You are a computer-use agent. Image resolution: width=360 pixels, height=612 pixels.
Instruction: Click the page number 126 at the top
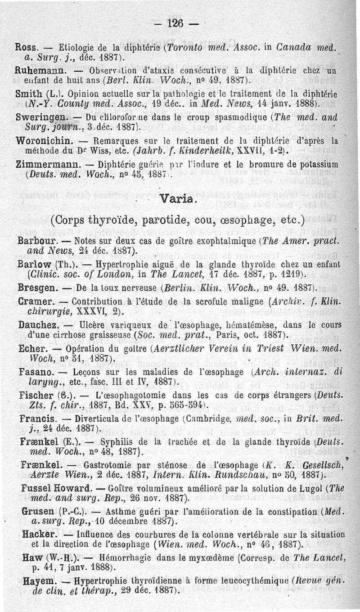[x=177, y=23]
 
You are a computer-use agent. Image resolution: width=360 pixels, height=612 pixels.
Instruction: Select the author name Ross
[x=26, y=47]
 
